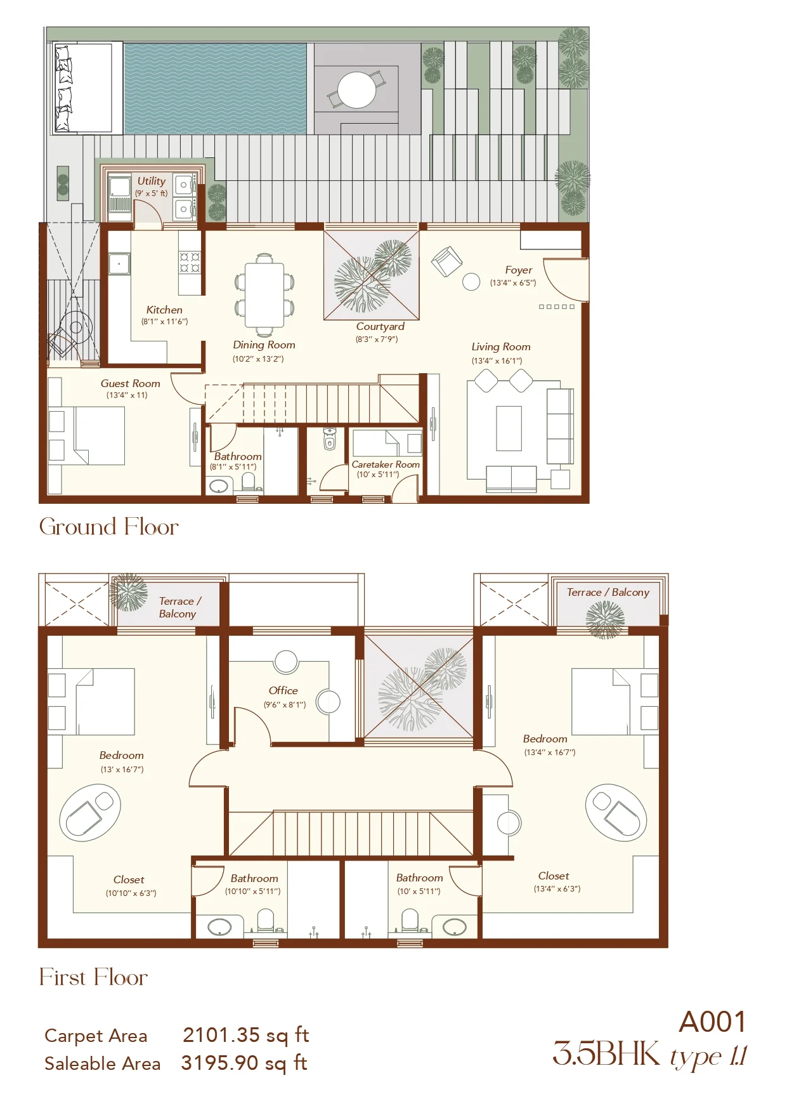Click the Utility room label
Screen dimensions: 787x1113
pyautogui.click(x=151, y=181)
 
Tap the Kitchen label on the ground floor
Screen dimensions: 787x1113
pyautogui.click(x=164, y=310)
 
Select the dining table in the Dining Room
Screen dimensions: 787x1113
pyautogui.click(x=264, y=295)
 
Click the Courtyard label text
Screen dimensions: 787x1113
pyautogui.click(x=380, y=327)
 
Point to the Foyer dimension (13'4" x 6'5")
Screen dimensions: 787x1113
pyautogui.click(x=513, y=283)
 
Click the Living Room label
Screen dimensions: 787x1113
pyautogui.click(x=501, y=347)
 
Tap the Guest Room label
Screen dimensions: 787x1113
pyautogui.click(x=130, y=383)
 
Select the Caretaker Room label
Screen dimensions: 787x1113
pyautogui.click(x=386, y=464)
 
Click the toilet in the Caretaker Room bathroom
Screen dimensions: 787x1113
pyautogui.click(x=329, y=438)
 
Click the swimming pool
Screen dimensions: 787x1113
pyautogui.click(x=215, y=89)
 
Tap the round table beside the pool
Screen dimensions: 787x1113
pyautogui.click(x=356, y=90)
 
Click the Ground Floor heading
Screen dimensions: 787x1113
pyautogui.click(x=109, y=527)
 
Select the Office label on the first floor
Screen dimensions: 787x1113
pyautogui.click(x=283, y=690)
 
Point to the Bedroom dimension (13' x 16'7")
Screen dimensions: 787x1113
pyautogui.click(x=122, y=770)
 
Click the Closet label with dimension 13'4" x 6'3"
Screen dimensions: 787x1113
pyautogui.click(x=554, y=876)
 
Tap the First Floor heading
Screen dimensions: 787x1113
pyautogui.click(x=93, y=977)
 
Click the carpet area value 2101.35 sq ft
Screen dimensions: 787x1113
pyautogui.click(x=246, y=1035)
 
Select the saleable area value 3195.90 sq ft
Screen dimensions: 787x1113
pyautogui.click(x=244, y=1063)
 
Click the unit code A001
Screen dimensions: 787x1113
pyautogui.click(x=713, y=1022)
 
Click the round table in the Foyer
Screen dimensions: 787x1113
pyautogui.click(x=471, y=282)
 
